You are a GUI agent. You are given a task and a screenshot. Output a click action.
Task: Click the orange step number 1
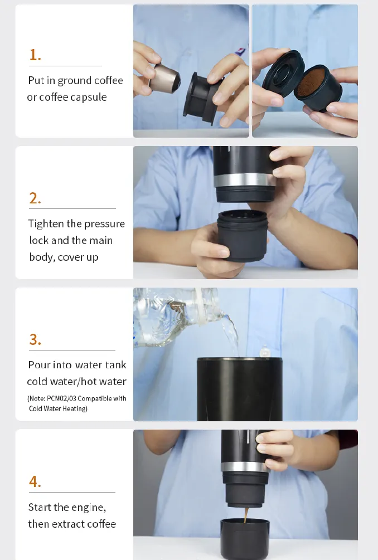(x=35, y=55)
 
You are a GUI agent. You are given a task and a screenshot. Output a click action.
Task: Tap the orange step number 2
(x=35, y=198)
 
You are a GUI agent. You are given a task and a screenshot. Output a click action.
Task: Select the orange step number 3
(x=35, y=339)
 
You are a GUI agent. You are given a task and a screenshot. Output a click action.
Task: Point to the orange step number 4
(x=35, y=481)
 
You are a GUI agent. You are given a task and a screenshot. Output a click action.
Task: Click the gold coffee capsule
(x=164, y=79)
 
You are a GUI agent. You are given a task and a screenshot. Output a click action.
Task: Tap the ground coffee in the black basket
(x=312, y=83)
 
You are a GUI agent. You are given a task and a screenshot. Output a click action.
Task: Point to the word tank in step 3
(x=116, y=364)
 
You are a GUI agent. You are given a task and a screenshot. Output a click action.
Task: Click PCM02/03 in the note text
(x=61, y=398)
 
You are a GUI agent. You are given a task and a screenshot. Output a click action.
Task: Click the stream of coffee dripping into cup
(x=246, y=515)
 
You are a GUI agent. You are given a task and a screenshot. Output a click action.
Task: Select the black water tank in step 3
(x=240, y=389)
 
